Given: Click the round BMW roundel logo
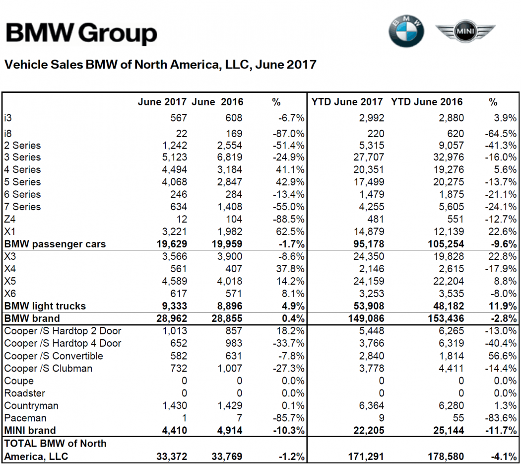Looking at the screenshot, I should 406,31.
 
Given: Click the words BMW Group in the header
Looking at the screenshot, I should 81,33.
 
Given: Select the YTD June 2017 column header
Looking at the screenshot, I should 347,102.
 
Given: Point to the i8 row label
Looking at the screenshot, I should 8,133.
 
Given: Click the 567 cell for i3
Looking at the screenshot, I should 178,118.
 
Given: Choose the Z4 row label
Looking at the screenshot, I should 10,219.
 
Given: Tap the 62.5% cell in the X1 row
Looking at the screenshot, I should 291,232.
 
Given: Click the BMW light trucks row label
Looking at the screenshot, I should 45,306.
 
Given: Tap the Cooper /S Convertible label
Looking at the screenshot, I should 54,356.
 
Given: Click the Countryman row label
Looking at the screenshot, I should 31,405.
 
